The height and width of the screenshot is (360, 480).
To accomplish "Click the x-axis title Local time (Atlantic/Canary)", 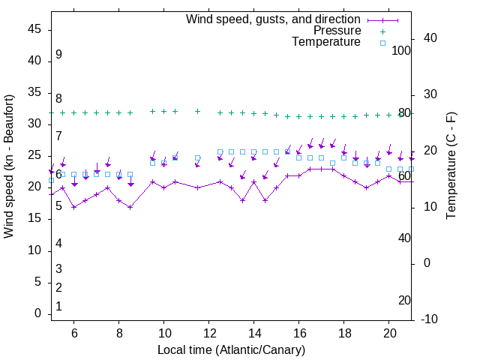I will pos(231,350).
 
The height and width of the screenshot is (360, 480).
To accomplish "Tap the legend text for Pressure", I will pos(337,31).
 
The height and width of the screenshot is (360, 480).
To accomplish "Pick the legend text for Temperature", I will pos(326,42).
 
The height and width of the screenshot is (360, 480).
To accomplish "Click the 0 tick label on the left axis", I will pos(38,314).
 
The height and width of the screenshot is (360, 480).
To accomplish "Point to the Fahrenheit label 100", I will pos(402,50).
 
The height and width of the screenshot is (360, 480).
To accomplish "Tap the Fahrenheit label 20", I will pos(404,301).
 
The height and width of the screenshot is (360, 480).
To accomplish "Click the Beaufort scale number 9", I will pos(58,55).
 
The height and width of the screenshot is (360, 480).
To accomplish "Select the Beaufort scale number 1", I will pos(58,307).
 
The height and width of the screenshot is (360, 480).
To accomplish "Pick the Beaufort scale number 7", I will pos(58,136).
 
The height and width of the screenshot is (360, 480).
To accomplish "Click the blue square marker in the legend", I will pos(382,43).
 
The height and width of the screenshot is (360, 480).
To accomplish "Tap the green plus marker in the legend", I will pos(382,31).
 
